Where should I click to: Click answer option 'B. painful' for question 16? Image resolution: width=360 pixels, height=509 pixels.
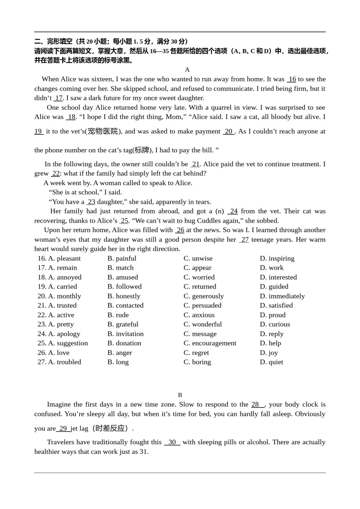(122, 258)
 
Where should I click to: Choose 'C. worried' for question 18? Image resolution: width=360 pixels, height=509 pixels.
(199, 277)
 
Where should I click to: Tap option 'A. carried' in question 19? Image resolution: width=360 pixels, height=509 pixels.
(62, 287)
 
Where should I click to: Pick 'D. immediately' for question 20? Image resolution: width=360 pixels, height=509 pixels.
(282, 296)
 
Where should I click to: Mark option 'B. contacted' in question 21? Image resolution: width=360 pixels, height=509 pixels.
(125, 305)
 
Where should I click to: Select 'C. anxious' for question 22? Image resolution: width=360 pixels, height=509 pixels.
(199, 315)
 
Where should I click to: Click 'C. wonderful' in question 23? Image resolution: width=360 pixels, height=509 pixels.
(202, 324)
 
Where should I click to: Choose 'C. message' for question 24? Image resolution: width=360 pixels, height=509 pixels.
(200, 334)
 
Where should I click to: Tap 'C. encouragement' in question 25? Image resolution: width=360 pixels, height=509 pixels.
(210, 343)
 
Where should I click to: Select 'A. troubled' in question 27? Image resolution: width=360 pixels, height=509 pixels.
(64, 362)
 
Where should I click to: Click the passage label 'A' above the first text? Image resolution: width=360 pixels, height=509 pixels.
(187, 70)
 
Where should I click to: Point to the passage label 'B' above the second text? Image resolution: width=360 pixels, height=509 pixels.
(180, 395)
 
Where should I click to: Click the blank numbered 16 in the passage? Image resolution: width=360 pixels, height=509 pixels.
(292, 79)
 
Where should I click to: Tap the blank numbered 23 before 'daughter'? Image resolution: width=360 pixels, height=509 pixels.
(91, 202)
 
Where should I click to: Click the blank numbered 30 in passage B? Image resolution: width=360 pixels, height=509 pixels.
(172, 442)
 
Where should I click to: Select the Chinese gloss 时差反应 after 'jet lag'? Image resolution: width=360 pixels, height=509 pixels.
(110, 428)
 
